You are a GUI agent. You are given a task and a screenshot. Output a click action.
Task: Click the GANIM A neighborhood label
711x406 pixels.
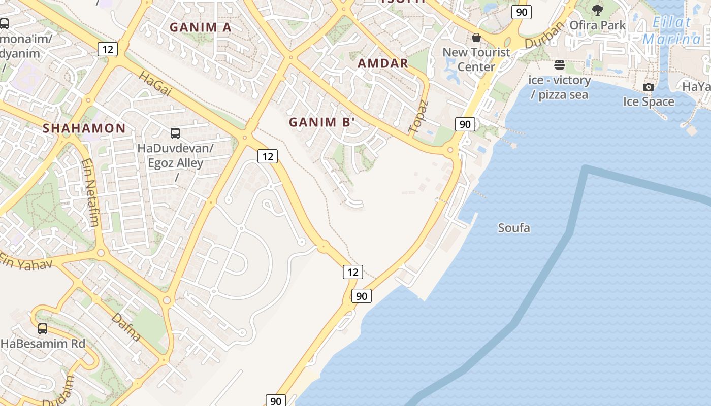(x=201, y=27)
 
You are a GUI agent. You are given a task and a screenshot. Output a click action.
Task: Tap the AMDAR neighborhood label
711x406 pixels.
(x=383, y=63)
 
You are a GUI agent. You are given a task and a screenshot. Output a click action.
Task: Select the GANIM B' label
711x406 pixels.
(x=321, y=122)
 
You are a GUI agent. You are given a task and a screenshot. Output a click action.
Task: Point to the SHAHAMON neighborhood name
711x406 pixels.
(x=84, y=128)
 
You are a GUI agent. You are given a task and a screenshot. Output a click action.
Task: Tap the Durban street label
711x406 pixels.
(x=544, y=35)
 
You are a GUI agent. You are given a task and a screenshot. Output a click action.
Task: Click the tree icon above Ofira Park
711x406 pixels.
(x=598, y=10)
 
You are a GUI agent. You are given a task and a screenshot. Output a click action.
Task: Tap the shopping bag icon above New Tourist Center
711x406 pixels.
(x=476, y=38)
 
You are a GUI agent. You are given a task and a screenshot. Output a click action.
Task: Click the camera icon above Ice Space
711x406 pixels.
(x=649, y=87)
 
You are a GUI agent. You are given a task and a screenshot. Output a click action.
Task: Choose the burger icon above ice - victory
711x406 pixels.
(x=560, y=65)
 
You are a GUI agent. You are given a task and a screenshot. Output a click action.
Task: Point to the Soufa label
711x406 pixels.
(x=514, y=228)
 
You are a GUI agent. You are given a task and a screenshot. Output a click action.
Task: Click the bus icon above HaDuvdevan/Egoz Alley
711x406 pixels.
(x=175, y=133)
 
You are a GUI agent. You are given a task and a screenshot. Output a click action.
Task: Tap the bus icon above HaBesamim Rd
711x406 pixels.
(x=43, y=329)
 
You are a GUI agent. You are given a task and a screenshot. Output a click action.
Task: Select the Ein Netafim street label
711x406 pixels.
(x=90, y=192)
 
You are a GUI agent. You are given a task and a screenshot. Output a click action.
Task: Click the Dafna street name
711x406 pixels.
(x=126, y=327)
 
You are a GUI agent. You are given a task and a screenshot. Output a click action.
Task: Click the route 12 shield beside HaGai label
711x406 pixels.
(x=108, y=49)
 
